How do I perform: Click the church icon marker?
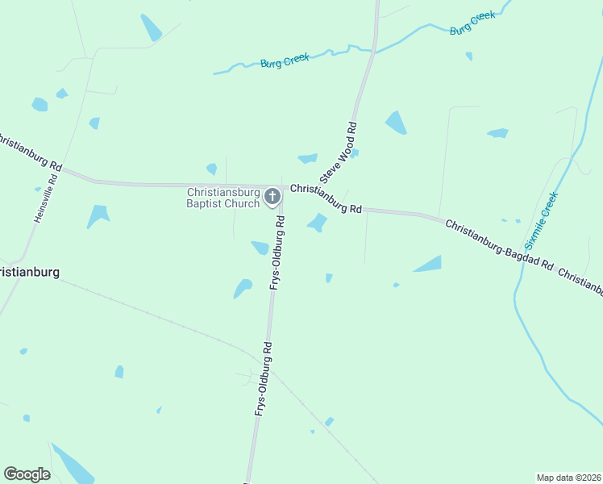(x=272, y=196)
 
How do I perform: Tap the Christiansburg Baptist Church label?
(x=223, y=198)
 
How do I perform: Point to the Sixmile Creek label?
(x=539, y=219)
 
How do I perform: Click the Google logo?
(x=27, y=474)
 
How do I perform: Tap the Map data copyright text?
(x=568, y=477)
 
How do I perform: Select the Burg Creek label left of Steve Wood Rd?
(x=284, y=62)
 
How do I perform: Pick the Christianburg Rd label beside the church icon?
(x=326, y=198)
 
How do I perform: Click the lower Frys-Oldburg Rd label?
(x=263, y=379)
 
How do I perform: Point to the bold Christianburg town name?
(x=29, y=272)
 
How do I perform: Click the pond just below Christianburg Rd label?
(x=318, y=222)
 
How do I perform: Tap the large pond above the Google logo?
(x=73, y=464)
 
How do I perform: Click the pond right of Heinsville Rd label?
(x=98, y=215)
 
